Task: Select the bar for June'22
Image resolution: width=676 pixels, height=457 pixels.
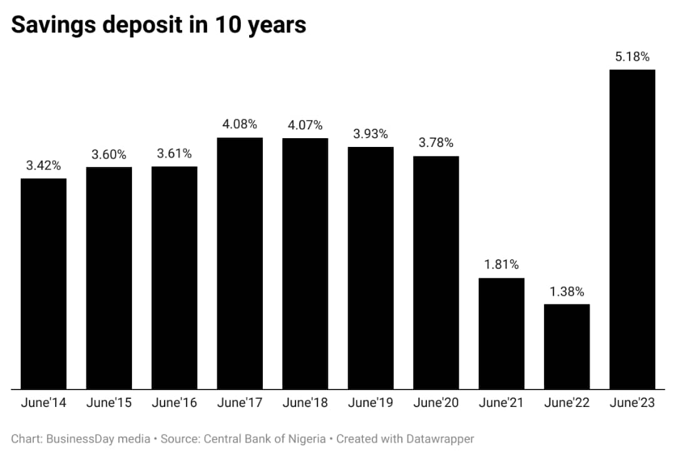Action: click(x=566, y=347)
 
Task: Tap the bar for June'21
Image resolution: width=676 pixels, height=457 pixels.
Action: click(x=501, y=334)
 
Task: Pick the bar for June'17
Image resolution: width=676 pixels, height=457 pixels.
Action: click(x=240, y=263)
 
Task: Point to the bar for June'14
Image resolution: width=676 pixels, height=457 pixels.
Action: click(x=43, y=284)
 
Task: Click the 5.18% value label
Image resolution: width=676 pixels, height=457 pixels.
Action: click(x=632, y=57)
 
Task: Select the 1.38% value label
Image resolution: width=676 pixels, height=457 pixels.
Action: click(x=566, y=291)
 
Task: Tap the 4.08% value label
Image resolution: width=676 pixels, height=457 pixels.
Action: click(x=240, y=124)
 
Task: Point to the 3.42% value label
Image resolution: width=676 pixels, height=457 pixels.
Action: click(x=43, y=166)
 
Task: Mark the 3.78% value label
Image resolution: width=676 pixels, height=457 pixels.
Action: click(x=436, y=143)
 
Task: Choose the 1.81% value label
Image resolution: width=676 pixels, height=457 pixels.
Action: click(x=501, y=265)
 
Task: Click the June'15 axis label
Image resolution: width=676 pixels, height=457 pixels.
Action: click(x=109, y=403)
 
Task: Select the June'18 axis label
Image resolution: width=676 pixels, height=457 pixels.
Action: click(x=305, y=403)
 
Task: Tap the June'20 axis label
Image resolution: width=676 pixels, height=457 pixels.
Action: click(x=436, y=403)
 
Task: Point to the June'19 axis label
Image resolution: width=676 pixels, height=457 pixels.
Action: click(x=371, y=403)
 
